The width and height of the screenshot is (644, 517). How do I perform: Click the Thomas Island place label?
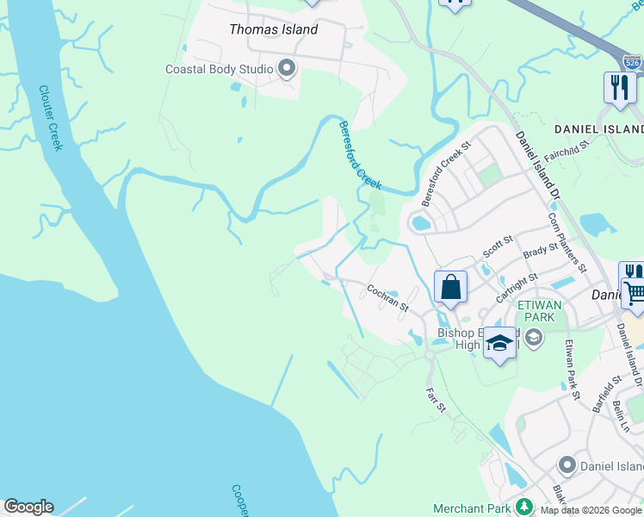tap(273, 29)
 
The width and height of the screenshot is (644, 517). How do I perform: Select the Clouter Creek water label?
tap(51, 118)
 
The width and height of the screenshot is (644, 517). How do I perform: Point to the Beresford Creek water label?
tap(359, 155)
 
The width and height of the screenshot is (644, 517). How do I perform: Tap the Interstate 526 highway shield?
tap(631, 61)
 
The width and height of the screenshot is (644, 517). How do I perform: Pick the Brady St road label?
tap(541, 252)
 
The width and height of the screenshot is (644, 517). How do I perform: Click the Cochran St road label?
tap(387, 297)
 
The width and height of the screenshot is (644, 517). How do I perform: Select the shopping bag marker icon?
tap(451, 288)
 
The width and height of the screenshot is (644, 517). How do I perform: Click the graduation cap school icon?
tap(498, 343)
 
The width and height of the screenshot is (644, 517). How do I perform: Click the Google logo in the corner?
tap(28, 508)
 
